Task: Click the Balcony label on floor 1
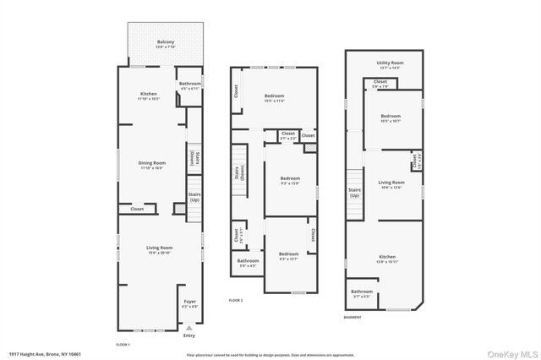click(x=166, y=42)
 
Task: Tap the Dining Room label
click(x=153, y=163)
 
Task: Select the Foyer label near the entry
click(x=189, y=303)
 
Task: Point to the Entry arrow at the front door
click(x=189, y=329)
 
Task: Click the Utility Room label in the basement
click(x=390, y=63)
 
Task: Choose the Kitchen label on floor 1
click(x=149, y=95)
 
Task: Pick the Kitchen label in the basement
click(x=386, y=257)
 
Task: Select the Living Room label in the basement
click(x=391, y=183)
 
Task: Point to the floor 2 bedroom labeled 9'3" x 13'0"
click(x=290, y=179)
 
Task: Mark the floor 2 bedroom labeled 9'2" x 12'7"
click(x=288, y=254)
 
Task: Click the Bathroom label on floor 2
click(x=248, y=262)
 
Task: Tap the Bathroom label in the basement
click(x=361, y=292)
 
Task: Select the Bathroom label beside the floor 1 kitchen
click(x=189, y=84)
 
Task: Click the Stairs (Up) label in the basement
click(x=354, y=192)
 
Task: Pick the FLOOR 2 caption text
click(x=236, y=300)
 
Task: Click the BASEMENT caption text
click(x=352, y=317)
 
